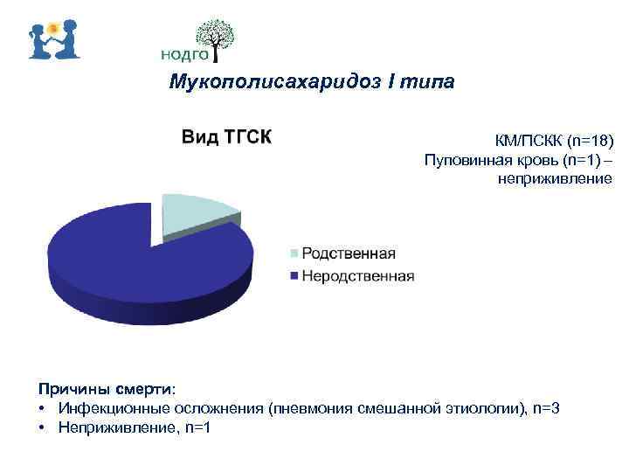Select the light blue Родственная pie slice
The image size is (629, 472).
click(x=197, y=212)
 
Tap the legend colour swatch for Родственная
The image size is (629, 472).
click(x=294, y=254)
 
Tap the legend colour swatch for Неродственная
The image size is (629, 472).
click(x=294, y=276)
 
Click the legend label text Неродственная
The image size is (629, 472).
click(x=357, y=276)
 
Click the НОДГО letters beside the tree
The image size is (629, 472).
click(x=184, y=54)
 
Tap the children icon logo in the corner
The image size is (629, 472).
click(x=54, y=38)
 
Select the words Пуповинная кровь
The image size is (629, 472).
click(x=485, y=160)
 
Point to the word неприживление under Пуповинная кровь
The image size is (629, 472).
click(x=555, y=178)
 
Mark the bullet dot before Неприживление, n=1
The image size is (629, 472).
click(x=42, y=427)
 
